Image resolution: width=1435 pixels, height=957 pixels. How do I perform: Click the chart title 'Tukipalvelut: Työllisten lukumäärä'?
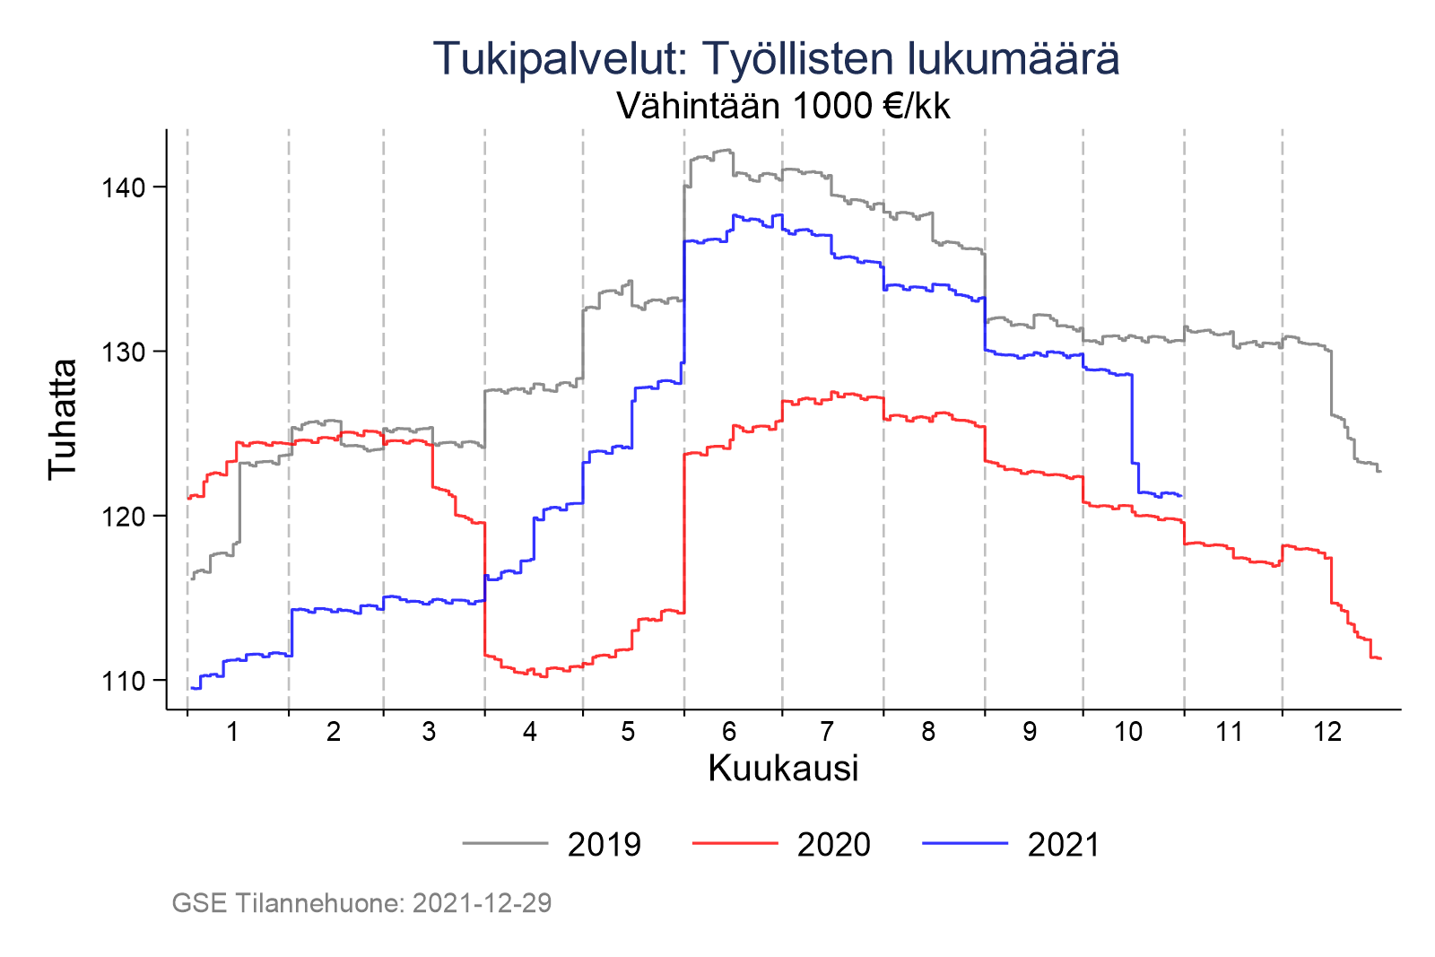click(776, 59)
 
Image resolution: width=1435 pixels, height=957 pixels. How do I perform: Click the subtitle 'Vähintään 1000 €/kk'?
click(783, 107)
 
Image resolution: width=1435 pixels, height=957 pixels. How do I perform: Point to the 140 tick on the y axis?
click(120, 187)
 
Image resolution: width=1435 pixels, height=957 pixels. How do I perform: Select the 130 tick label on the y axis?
click(120, 352)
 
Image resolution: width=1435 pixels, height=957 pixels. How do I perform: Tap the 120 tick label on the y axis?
click(120, 517)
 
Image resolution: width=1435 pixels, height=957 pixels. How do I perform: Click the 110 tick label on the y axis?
click(120, 681)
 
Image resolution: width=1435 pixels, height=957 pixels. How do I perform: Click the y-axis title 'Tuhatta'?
click(63, 419)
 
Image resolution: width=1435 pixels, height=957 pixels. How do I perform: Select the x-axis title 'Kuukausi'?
click(783, 769)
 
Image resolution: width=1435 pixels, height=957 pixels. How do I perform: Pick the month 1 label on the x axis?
click(233, 732)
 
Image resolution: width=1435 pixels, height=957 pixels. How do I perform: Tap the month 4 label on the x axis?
click(530, 732)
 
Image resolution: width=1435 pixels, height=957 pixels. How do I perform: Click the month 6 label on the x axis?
click(729, 732)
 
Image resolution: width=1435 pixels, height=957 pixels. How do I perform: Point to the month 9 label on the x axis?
click(1030, 732)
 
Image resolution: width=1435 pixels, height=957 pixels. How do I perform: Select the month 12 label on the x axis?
click(1327, 732)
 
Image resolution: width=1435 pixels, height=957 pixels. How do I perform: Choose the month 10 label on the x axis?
click(1128, 732)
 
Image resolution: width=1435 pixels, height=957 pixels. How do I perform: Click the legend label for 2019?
click(604, 845)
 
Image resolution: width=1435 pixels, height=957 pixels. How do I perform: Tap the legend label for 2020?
click(834, 845)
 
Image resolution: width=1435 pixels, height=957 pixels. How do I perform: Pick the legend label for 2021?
click(1064, 845)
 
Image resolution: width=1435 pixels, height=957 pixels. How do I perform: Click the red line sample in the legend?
click(735, 843)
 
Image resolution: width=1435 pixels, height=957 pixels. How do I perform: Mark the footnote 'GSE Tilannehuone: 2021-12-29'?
click(361, 903)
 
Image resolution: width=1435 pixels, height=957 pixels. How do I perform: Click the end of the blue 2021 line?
click(1181, 496)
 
